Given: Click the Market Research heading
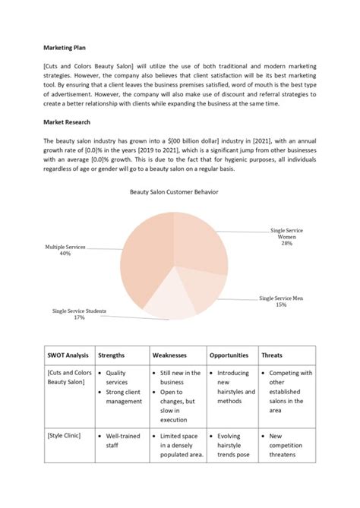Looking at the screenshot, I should pyautogui.click(x=65, y=121).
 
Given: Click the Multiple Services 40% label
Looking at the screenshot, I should pyautogui.click(x=65, y=251).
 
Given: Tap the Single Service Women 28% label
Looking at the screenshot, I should pyautogui.click(x=286, y=237).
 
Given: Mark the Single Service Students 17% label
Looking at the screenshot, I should pyautogui.click(x=79, y=314).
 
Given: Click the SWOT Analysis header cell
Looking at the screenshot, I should pyautogui.click(x=68, y=355).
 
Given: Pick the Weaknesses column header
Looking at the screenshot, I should pyautogui.click(x=171, y=355).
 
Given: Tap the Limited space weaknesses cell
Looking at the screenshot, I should pyautogui.click(x=180, y=448).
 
